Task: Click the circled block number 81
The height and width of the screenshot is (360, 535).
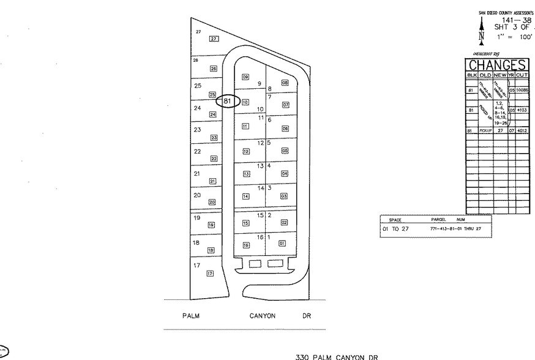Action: (x=226, y=100)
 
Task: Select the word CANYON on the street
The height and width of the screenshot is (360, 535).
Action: (x=262, y=317)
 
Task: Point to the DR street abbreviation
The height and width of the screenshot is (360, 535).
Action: (x=307, y=317)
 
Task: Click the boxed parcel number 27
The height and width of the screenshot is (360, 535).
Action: (x=214, y=39)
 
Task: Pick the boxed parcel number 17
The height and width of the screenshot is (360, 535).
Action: (x=210, y=273)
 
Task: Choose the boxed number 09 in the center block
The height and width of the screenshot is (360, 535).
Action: (x=245, y=77)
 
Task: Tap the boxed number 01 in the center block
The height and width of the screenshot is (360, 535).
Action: (x=282, y=243)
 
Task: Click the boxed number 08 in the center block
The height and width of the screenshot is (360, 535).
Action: (x=285, y=83)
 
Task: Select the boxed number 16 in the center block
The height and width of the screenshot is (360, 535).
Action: (x=246, y=245)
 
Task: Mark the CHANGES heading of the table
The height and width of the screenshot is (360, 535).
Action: (x=497, y=66)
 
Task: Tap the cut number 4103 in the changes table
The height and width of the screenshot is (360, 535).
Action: (x=522, y=110)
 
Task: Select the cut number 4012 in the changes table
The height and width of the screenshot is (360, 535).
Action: (x=522, y=130)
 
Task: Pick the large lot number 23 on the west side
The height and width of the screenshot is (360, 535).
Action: (x=197, y=130)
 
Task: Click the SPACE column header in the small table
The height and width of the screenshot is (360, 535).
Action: (x=395, y=219)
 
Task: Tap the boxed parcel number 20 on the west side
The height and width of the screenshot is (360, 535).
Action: (x=212, y=202)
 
